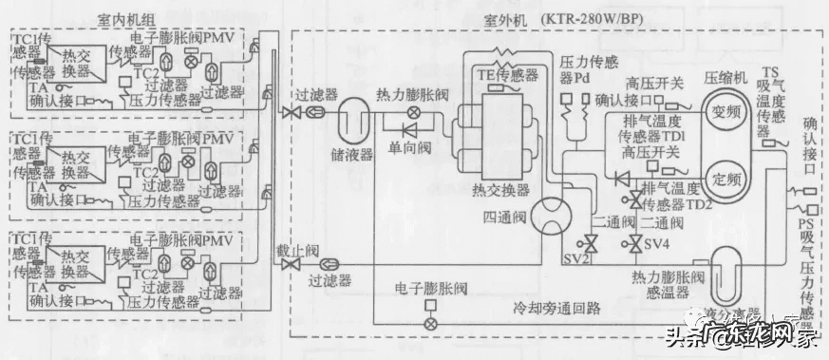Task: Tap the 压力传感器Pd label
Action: (x=589, y=72)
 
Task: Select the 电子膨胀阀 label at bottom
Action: (x=431, y=287)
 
